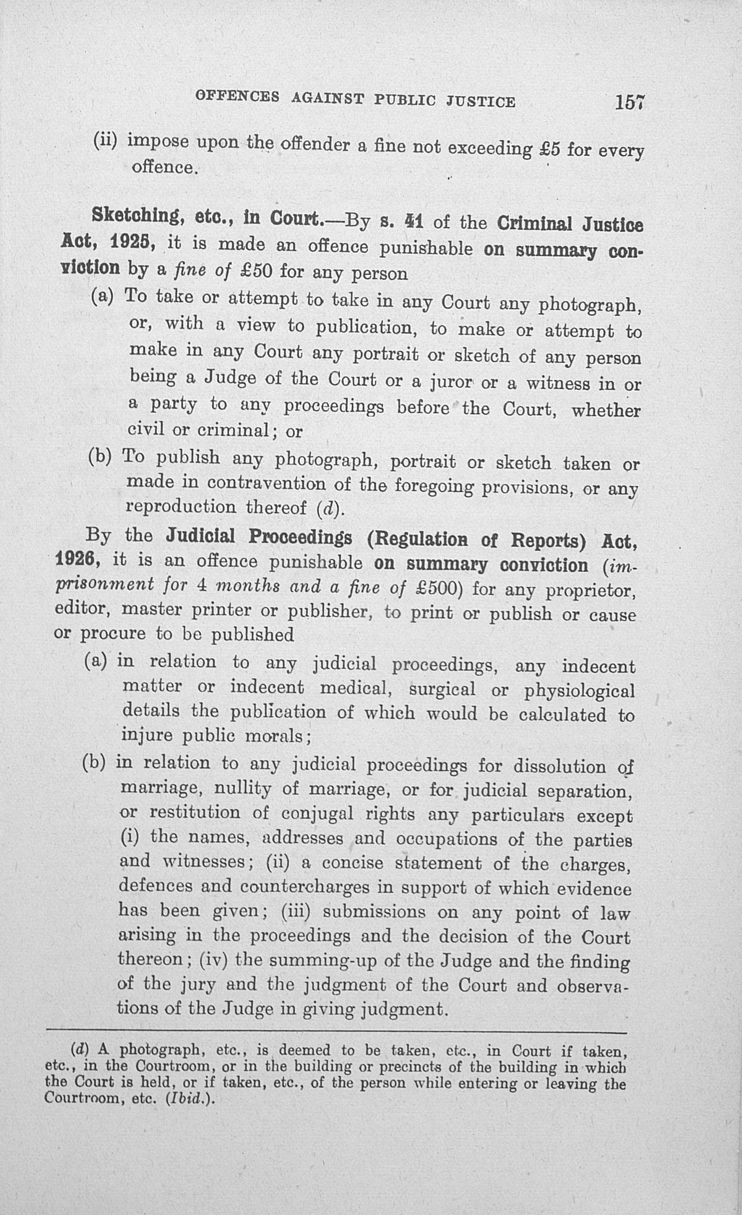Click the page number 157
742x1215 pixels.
629,103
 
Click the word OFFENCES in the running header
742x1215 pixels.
238,96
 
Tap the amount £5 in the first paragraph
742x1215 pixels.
549,148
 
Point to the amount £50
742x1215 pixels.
256,271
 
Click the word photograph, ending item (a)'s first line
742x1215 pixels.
589,305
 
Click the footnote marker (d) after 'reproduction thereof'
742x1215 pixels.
328,508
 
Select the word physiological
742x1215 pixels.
579,691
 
